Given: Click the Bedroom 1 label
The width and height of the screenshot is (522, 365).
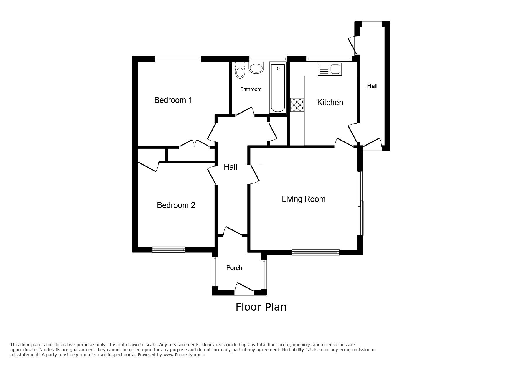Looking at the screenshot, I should [x=173, y=100].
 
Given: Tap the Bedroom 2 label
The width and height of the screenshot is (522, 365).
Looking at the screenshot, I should [x=176, y=205].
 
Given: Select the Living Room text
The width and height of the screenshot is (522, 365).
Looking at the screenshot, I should [x=303, y=199].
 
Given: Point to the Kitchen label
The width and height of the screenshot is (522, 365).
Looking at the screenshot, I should [x=330, y=103].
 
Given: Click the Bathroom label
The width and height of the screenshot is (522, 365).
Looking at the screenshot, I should [x=251, y=89].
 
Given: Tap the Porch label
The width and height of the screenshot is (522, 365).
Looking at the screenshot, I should [x=234, y=268].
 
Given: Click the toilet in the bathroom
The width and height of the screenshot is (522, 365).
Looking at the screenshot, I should [x=240, y=70].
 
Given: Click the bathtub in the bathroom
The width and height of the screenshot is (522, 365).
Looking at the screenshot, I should [x=278, y=88].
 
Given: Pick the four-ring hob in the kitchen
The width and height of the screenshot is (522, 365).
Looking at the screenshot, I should [x=297, y=105].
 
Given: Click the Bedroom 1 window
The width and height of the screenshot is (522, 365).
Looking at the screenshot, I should [x=178, y=59].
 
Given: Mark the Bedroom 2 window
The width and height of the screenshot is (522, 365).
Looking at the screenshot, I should [x=168, y=250].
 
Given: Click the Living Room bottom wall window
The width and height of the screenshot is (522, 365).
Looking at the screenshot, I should [x=315, y=252].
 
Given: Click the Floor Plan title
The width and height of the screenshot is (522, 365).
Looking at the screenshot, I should [x=261, y=307].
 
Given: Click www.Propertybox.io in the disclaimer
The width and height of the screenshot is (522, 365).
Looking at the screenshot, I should [x=184, y=355].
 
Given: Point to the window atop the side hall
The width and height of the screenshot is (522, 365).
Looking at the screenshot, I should [x=372, y=24].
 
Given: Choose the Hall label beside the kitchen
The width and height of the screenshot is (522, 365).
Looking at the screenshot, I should [x=372, y=86].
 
